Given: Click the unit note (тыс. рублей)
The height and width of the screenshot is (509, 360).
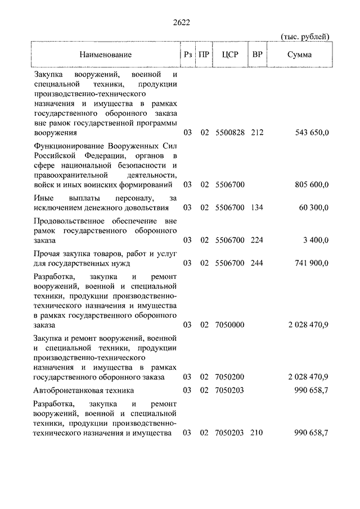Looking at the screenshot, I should coord(305,37).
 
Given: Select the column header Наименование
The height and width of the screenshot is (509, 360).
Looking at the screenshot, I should coord(105,55).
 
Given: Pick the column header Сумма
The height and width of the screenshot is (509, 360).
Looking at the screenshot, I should coord(299,55).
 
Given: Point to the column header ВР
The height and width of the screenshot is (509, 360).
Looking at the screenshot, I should coord(258,55).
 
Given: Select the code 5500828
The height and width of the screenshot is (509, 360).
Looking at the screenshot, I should coord(230,133).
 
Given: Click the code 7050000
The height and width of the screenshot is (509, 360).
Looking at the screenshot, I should coord(230,325).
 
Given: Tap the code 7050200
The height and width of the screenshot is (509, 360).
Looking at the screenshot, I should coord(230,376).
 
